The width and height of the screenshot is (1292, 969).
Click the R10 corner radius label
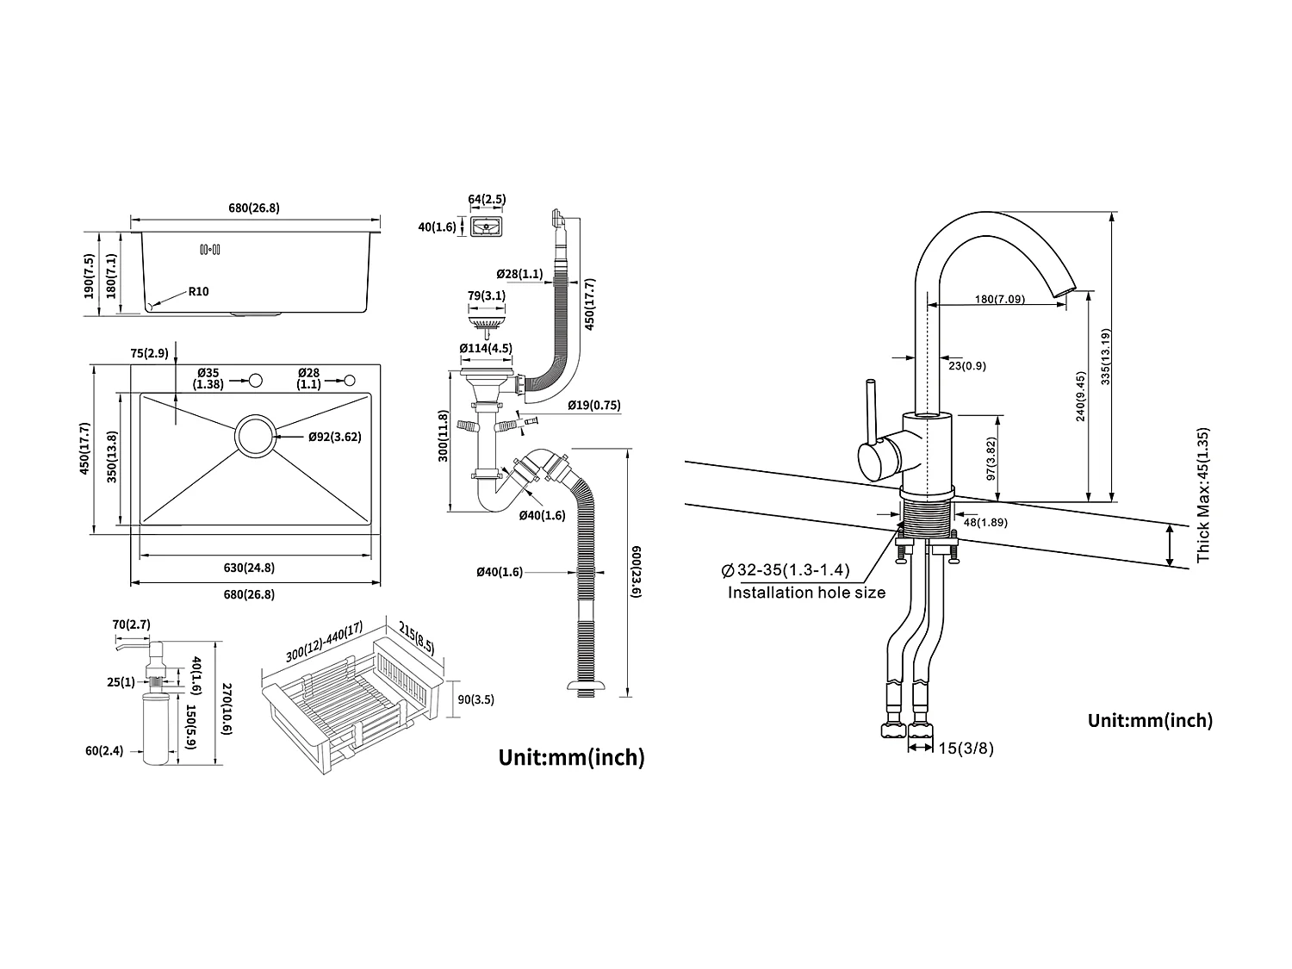point(198,291)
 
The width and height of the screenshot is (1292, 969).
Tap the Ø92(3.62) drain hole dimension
point(334,437)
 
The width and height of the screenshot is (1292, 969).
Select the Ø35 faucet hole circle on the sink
point(255,380)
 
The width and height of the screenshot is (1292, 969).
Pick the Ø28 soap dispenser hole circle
point(350,380)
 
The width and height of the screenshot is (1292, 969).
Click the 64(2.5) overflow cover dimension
point(487,200)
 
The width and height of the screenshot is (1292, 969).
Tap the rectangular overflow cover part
point(488,227)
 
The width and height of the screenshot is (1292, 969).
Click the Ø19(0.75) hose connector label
point(594,405)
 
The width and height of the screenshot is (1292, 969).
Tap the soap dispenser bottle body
point(158,731)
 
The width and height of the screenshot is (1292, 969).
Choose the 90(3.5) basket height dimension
point(475,699)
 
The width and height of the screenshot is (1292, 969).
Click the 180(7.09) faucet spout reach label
point(1000,300)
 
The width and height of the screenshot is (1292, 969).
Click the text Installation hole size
point(806,593)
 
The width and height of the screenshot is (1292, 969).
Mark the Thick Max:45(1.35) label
point(1203,495)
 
